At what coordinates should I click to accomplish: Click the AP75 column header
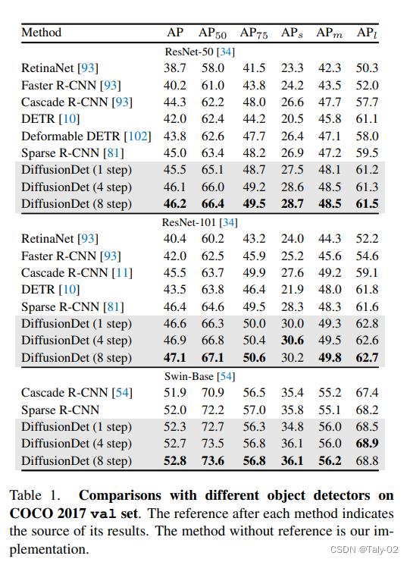tap(254, 33)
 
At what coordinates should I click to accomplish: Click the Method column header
tap(41, 33)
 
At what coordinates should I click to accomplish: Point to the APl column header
tap(367, 33)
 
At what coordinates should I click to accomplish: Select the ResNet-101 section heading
tap(200, 222)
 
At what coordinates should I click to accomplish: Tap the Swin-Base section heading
tap(200, 377)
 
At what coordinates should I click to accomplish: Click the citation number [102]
tap(138, 137)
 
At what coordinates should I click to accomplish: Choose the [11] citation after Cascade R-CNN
tap(122, 273)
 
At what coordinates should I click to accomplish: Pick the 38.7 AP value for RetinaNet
tap(175, 68)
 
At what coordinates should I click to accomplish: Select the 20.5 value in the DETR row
tap(293, 119)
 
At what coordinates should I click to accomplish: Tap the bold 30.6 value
tap(293, 340)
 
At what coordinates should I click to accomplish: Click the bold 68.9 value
tap(367, 444)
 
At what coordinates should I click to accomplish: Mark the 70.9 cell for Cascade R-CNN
tap(213, 392)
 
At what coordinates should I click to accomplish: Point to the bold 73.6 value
tap(213, 460)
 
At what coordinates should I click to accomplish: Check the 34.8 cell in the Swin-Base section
tap(293, 426)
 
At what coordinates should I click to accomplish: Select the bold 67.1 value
tap(213, 358)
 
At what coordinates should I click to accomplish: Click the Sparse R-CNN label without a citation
tap(60, 410)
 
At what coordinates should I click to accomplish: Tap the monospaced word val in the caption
tap(103, 513)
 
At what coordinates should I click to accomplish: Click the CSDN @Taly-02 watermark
tap(364, 549)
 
